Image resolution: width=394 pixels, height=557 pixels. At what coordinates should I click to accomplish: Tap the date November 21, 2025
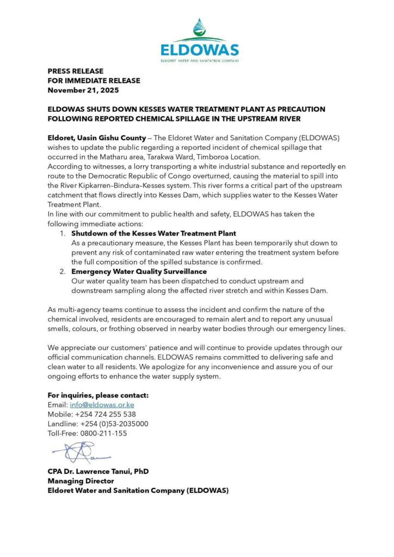[x=83, y=90]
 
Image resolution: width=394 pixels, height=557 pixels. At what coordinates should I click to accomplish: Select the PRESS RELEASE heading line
[x=75, y=71]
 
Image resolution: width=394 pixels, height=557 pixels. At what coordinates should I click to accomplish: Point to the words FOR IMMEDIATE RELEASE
[x=94, y=81]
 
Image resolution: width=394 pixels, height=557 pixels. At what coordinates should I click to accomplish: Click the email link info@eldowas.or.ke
[x=102, y=405]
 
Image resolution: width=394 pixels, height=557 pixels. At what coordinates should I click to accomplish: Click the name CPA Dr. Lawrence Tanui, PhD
[x=98, y=472]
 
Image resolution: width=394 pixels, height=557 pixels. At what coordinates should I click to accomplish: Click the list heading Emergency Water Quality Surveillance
[x=139, y=271]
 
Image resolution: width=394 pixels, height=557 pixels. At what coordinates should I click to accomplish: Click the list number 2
[x=63, y=271]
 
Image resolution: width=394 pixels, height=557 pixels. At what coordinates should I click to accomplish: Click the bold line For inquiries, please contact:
[x=98, y=395]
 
